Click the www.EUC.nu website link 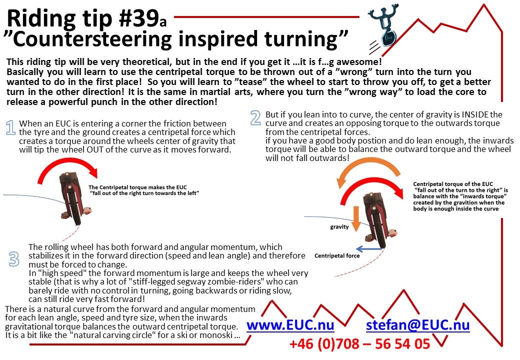290,325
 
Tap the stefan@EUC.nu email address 417,325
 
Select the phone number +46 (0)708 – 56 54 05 359,344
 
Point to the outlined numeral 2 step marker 255,117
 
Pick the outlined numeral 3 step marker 14,258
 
